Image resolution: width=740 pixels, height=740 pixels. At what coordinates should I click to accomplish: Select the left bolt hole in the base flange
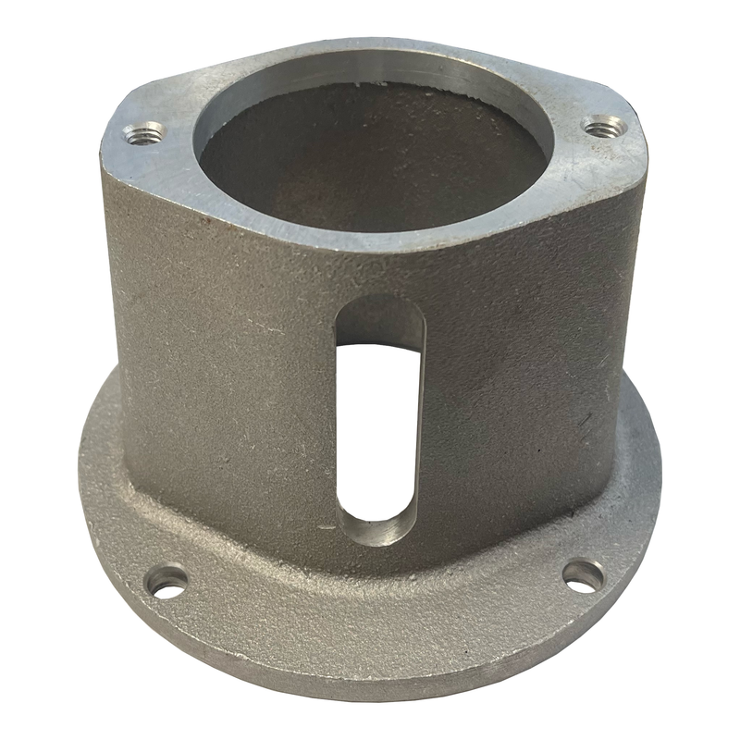167,583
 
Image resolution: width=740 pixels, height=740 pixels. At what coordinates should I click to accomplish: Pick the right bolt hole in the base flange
583,575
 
